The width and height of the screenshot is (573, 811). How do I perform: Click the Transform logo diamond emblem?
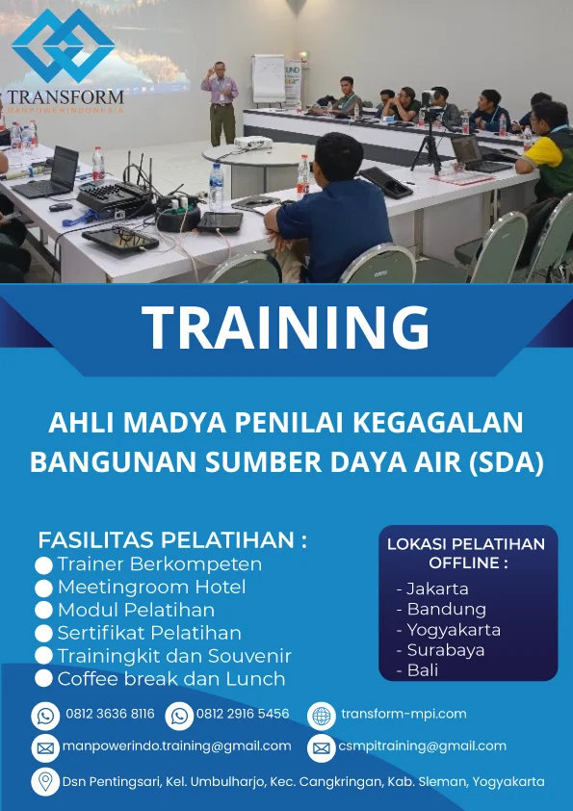[64, 45]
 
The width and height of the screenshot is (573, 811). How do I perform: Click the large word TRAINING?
[286, 327]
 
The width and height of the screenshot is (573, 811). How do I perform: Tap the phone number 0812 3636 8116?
[110, 714]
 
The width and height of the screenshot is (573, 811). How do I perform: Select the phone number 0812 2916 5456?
[243, 714]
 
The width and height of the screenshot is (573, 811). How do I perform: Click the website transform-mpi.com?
[404, 714]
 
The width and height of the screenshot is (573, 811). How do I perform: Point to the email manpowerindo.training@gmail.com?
[177, 746]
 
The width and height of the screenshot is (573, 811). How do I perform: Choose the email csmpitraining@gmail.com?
[423, 746]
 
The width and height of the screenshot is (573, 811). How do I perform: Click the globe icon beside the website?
[321, 715]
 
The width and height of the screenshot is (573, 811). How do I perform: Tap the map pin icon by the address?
[44, 781]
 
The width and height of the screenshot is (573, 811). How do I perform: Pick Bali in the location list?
[422, 670]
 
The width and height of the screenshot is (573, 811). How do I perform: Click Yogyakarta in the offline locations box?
[454, 630]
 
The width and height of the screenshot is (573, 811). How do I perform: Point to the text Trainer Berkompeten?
[159, 564]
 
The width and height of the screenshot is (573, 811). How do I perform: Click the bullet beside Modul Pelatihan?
[43, 612]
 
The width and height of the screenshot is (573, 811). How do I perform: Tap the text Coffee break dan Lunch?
[171, 679]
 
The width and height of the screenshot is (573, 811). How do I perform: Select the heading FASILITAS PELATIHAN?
[172, 539]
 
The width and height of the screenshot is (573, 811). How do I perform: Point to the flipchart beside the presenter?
[268, 79]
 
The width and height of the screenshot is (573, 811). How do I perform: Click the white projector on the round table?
[250, 144]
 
